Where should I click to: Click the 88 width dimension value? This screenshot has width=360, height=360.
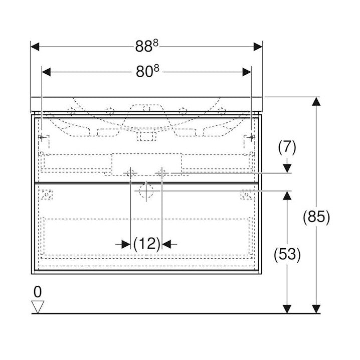(x=146, y=46)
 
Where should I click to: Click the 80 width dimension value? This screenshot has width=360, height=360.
(x=146, y=72)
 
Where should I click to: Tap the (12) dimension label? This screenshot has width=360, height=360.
(x=146, y=244)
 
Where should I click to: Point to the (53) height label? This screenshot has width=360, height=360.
(x=287, y=255)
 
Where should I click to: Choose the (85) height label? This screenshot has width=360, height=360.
(x=316, y=217)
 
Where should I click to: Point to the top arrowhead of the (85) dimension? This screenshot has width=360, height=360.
(x=315, y=101)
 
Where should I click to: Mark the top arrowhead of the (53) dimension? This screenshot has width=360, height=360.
(x=286, y=195)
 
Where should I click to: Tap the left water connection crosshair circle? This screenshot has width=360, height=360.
(x=130, y=173)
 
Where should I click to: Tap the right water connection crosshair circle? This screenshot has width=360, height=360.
(x=161, y=173)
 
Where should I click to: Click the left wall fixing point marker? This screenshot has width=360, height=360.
(x=42, y=137)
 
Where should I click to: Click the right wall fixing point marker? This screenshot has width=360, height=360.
(x=250, y=137)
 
